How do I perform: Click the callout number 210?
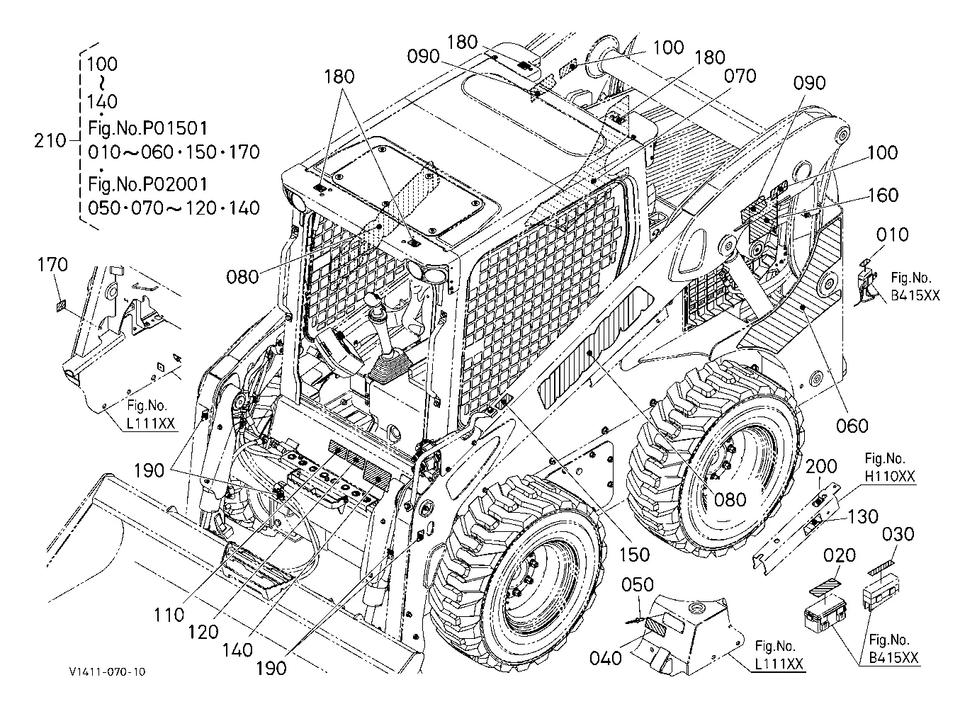click(50, 141)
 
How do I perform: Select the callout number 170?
click(52, 265)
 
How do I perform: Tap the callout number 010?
click(893, 234)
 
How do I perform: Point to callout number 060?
click(852, 426)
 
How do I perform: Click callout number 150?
click(635, 555)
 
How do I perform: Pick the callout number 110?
click(169, 616)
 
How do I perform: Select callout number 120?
click(203, 632)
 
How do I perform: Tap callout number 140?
click(238, 650)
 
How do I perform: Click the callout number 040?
click(605, 658)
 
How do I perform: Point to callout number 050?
click(638, 585)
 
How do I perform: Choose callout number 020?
click(840, 555)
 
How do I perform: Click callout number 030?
click(898, 534)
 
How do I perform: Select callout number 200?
click(821, 467)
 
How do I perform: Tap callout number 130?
click(863, 517)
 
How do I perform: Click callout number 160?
click(883, 195)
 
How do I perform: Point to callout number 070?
click(740, 76)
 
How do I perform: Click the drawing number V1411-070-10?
click(107, 671)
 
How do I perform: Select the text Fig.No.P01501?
click(148, 128)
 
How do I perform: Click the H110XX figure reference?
click(890, 476)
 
